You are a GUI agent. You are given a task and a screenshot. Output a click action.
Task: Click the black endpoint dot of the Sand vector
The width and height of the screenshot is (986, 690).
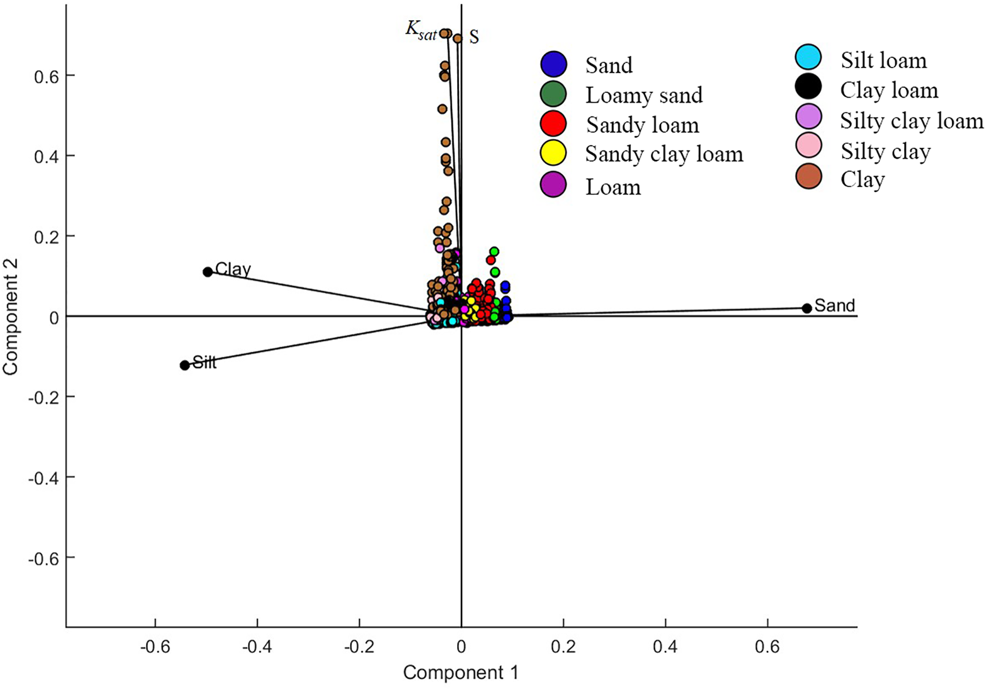[807, 308]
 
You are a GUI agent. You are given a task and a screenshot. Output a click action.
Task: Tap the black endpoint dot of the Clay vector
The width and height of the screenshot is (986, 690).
[208, 272]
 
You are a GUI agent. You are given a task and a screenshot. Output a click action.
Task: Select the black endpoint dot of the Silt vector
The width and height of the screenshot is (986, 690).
[185, 365]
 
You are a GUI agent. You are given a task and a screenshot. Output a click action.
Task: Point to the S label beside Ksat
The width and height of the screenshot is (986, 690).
[474, 37]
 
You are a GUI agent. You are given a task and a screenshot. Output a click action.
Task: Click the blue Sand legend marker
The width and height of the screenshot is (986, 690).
[553, 64]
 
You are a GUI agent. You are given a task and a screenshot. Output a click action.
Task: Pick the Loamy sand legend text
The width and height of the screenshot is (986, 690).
[644, 95]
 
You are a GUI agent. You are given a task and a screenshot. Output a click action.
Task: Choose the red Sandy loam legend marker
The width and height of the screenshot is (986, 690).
[553, 124]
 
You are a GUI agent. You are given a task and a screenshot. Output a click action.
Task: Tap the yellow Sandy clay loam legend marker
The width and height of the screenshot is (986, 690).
[553, 153]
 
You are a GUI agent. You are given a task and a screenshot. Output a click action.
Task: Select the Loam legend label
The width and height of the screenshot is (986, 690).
[613, 187]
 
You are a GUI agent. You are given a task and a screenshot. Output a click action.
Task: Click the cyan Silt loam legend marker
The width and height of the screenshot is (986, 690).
[809, 57]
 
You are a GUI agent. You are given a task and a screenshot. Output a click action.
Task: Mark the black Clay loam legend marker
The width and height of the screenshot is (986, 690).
[809, 87]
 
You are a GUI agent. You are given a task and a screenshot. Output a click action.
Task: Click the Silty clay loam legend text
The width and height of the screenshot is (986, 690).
[911, 121]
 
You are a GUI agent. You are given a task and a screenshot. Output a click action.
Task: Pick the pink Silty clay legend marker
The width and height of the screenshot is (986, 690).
[809, 146]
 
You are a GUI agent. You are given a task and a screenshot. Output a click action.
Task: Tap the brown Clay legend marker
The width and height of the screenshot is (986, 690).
[809, 176]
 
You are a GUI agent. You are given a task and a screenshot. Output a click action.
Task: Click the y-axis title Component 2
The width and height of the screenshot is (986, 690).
[10, 317]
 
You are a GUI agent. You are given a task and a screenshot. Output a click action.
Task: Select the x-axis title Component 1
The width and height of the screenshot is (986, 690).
[460, 673]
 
